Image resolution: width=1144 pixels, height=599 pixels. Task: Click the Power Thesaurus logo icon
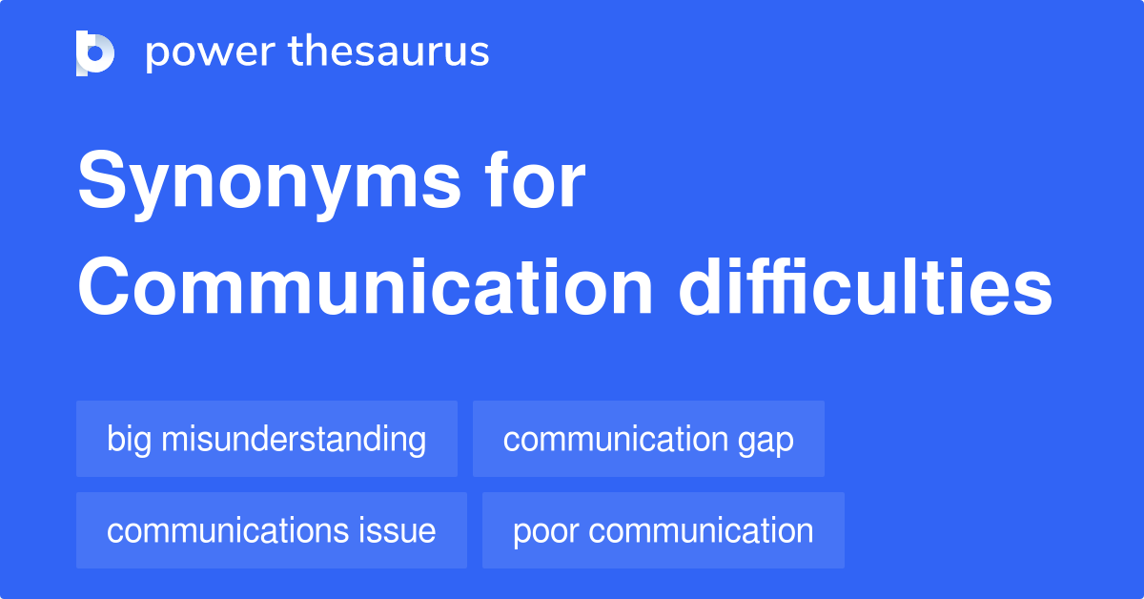[95, 52]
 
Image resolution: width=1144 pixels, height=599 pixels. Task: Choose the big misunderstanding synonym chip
[267, 439]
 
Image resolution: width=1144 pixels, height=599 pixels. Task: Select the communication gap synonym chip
[648, 439]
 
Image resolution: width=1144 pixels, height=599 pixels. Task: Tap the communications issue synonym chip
[272, 530]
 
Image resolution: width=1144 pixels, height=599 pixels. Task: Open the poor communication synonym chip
[664, 530]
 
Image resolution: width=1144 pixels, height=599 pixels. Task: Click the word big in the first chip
[130, 440]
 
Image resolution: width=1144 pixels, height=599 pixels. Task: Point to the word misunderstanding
[294, 439]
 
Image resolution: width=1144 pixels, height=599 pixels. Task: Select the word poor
[545, 531]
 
